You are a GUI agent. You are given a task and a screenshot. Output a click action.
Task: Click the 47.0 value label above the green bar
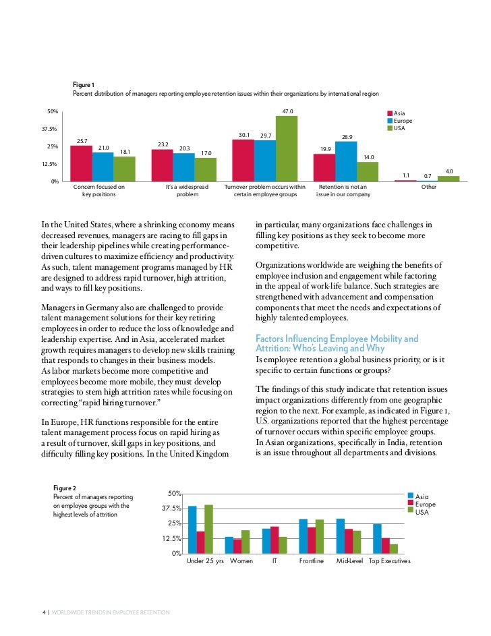point(287,111)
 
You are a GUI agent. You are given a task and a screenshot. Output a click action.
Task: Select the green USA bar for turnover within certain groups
point(287,148)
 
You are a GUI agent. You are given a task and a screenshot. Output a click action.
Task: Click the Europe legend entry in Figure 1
point(403,121)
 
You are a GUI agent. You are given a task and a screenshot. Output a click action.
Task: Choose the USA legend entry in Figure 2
point(422,512)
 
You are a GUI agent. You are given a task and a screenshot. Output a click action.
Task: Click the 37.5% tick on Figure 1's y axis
point(47,129)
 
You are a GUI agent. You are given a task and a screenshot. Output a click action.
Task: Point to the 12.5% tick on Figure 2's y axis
point(171,538)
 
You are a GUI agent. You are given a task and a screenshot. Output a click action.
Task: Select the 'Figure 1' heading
point(84,85)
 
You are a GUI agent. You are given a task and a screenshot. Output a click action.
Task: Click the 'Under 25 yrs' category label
point(205,561)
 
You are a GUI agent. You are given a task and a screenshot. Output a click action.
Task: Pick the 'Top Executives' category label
point(390,561)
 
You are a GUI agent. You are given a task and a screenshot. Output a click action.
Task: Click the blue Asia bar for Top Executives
point(377,538)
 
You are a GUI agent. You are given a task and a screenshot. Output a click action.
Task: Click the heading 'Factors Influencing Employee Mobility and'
point(337,338)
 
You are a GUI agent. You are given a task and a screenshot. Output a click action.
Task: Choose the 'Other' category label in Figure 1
point(428,186)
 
